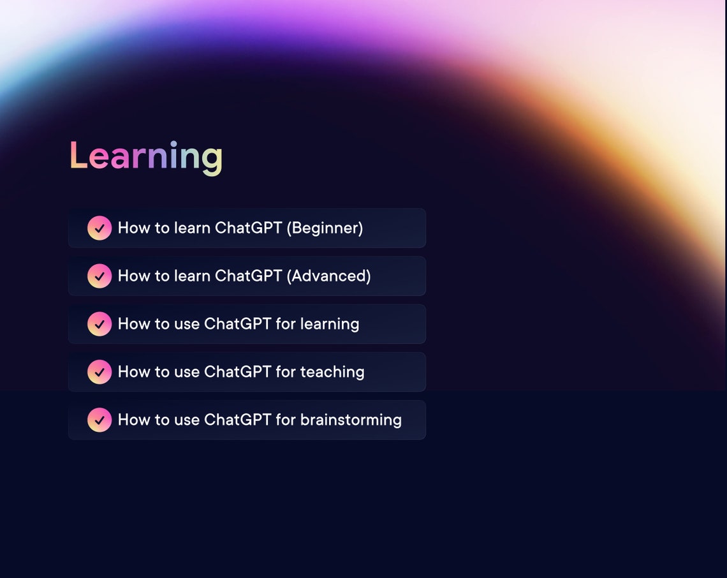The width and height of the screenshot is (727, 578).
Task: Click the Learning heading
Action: (x=146, y=156)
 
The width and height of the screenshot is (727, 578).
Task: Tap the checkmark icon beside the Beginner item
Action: (x=99, y=228)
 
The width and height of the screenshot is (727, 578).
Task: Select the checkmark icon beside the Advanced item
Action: (x=99, y=276)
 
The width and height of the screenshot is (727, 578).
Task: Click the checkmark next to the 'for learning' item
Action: (x=99, y=324)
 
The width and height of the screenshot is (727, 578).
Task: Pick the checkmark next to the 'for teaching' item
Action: (x=99, y=372)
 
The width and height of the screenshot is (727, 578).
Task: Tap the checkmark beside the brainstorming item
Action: (x=99, y=420)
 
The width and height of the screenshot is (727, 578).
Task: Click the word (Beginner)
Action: (x=325, y=228)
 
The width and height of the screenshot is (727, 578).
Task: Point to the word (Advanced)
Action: (x=328, y=276)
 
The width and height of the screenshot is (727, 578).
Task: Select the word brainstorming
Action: (x=351, y=420)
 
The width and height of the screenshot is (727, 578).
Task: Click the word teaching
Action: (x=332, y=372)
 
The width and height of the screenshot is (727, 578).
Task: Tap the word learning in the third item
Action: (x=330, y=324)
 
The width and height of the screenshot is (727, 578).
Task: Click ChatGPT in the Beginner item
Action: (x=248, y=228)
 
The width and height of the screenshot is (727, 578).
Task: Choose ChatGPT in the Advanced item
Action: (x=248, y=276)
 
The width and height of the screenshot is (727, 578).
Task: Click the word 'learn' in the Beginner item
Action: (x=192, y=228)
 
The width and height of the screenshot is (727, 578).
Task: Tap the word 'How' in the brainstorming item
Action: (x=134, y=420)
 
